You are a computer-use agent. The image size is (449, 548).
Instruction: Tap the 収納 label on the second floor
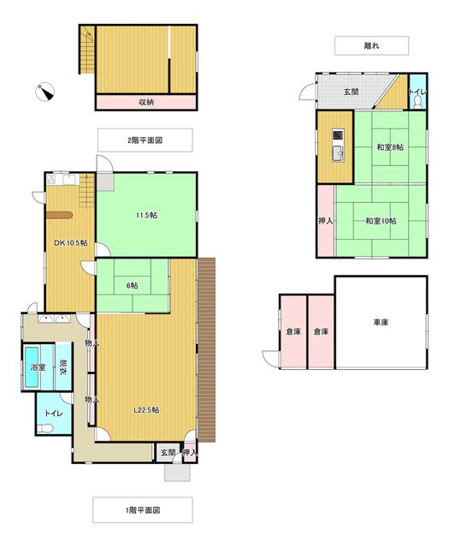146,102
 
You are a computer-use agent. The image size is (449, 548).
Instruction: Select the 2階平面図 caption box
144,140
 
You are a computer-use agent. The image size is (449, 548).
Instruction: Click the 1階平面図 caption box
144,509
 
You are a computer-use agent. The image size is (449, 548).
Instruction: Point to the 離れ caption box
371,46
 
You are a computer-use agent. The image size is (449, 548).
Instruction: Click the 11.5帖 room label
146,215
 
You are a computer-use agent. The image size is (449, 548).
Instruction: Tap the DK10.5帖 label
71,243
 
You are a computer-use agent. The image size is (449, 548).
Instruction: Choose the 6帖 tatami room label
133,286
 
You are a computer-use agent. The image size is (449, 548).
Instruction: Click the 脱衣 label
62,368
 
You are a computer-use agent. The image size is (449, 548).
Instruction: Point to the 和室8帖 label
389,148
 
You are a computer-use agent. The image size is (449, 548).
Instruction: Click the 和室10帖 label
381,222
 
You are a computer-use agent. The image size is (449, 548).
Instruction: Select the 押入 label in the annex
325,221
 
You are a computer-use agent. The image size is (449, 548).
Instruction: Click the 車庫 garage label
381,323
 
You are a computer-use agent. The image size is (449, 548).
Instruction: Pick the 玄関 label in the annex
352,92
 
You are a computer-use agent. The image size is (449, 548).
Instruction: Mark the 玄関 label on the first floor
166,452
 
